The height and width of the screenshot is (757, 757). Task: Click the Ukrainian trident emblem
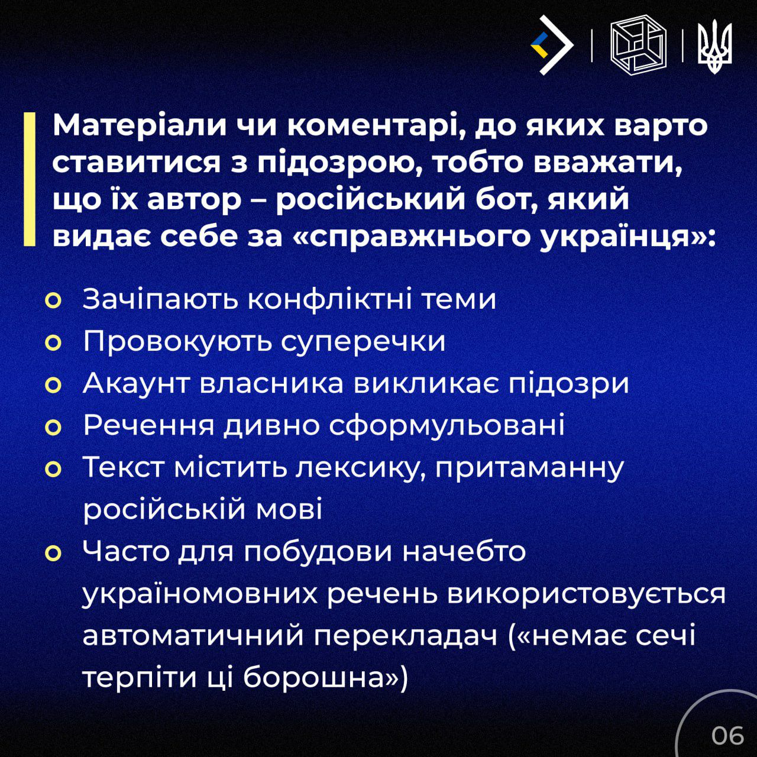714,46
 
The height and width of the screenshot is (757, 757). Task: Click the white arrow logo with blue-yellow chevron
552,45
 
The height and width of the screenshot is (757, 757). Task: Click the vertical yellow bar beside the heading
30,179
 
